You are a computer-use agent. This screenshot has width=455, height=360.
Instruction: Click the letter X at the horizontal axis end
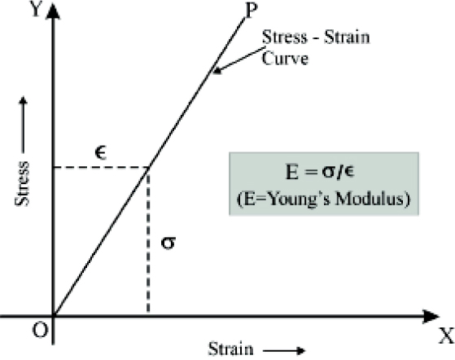point(446,336)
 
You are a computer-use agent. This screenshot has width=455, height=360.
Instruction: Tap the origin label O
point(40,330)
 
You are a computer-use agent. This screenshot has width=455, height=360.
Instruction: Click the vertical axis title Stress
point(22,183)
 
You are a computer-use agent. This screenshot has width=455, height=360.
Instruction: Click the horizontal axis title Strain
point(231,349)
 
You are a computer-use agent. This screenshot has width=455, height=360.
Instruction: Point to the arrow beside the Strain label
point(284,351)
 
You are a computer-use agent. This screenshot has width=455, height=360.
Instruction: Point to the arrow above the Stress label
point(24,125)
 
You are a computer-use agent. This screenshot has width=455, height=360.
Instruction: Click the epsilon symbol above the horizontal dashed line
point(101,153)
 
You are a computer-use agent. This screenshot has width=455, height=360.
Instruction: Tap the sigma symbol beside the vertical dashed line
point(168,243)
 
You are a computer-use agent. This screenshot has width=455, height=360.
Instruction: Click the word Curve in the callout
point(285,59)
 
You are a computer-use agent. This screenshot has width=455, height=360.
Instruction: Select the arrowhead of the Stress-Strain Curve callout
point(217,71)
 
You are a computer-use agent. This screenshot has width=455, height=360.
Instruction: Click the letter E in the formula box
point(292,172)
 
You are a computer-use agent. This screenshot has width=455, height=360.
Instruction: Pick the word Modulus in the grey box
point(369,199)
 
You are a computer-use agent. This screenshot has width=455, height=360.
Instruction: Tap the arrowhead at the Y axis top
point(53,11)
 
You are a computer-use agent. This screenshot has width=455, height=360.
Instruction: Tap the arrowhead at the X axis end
point(431,316)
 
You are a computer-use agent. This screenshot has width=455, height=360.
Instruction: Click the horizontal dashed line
point(101,168)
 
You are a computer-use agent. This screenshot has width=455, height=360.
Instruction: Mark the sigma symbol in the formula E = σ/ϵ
point(329,172)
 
